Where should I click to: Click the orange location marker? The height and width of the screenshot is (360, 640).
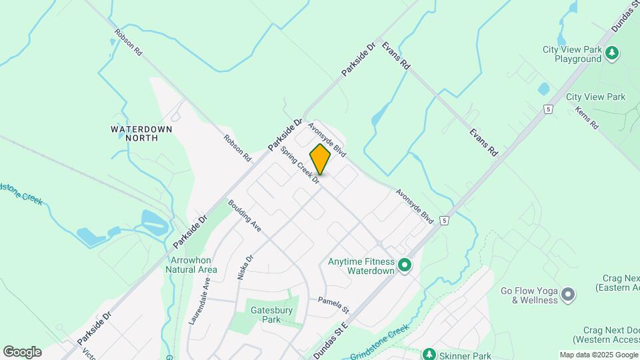(320, 159)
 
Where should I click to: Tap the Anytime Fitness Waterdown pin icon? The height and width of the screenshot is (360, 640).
(404, 267)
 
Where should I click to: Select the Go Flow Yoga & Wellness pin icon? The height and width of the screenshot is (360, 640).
(568, 293)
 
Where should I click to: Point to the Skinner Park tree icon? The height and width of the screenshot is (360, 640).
(430, 353)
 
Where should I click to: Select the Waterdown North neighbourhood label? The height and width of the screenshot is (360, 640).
(141, 133)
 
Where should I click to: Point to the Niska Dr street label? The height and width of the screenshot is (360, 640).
(245, 267)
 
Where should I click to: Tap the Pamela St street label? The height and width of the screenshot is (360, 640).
(333, 305)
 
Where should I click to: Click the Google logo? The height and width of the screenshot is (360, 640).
(22, 351)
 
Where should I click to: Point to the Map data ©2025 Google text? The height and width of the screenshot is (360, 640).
(598, 355)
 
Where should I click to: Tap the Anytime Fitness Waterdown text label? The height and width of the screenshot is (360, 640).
(361, 267)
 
